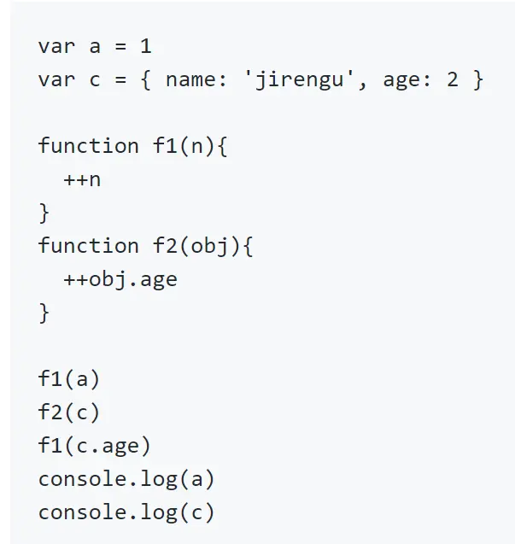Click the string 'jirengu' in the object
(300, 80)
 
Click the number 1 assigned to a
(145, 47)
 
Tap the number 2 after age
(452, 80)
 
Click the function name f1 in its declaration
(164, 146)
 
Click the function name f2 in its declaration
(164, 246)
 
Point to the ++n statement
(82, 180)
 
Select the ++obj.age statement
(120, 279)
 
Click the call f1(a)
(69, 379)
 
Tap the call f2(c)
(69, 412)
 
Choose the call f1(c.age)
(95, 446)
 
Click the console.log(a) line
(126, 479)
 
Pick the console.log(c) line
(126, 512)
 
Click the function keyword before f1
(88, 146)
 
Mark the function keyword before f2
(88, 246)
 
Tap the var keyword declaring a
(56, 47)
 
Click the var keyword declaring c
(56, 80)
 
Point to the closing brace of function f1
(44, 213)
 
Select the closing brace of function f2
(44, 313)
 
